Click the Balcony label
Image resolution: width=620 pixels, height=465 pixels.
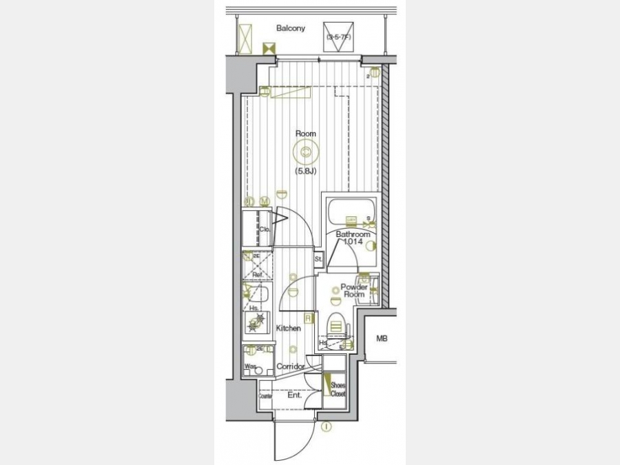290,28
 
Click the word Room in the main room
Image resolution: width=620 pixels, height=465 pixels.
305,133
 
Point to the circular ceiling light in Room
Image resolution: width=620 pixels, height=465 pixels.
305,153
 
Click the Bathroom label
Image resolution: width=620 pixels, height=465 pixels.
353,234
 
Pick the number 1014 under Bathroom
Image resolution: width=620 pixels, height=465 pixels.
353,242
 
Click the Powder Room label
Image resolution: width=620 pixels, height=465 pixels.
353,291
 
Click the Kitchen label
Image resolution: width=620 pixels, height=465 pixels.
289,329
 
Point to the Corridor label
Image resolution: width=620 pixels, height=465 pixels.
290,366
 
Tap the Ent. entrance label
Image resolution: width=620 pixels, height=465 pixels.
295,395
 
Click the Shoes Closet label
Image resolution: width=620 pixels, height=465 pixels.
338,390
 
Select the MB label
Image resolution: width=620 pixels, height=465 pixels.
381,339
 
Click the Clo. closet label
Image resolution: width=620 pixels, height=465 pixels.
264,229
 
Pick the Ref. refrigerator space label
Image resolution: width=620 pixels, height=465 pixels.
258,274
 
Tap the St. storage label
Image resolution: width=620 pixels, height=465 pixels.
318,259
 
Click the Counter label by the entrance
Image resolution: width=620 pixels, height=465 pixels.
265,396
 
